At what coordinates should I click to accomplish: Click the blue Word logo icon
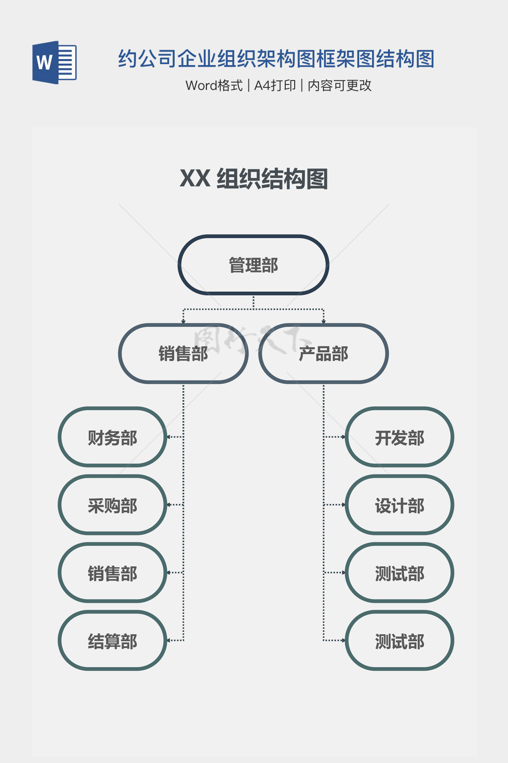[x=54, y=62]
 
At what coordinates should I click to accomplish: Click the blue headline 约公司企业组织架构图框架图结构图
[x=276, y=59]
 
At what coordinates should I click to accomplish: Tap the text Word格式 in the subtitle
[x=214, y=85]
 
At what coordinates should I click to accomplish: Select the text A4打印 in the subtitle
[x=275, y=85]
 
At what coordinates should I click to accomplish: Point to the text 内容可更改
[x=339, y=85]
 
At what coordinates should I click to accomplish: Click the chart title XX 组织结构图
[x=254, y=179]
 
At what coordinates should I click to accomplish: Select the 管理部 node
[x=254, y=265]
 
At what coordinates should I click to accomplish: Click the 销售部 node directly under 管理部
[x=183, y=354]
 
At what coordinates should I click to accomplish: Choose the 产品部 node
[x=323, y=354]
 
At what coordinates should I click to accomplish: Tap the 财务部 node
[x=113, y=437]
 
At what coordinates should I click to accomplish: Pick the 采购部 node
[x=113, y=505]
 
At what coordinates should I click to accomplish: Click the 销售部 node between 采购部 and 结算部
[x=113, y=573]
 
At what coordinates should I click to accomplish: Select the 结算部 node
[x=113, y=641]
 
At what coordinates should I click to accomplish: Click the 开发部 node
[x=399, y=437]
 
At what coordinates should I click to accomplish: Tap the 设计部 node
[x=399, y=505]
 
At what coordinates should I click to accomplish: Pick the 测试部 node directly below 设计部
[x=399, y=573]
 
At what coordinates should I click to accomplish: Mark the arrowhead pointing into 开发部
[x=343, y=437]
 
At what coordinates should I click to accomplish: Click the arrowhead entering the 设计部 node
[x=343, y=505]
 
